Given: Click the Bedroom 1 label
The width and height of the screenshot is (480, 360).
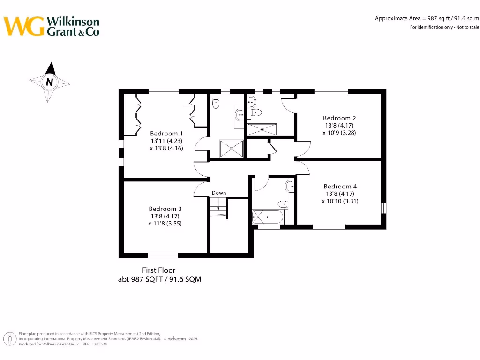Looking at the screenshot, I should [x=166, y=134].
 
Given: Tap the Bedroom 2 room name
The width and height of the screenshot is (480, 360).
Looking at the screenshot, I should [x=340, y=118].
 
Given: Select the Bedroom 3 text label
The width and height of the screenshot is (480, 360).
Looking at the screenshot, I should [x=165, y=209].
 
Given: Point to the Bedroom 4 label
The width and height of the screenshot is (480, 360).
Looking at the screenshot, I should [x=340, y=187].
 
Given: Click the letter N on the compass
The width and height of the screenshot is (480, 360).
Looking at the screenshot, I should [x=49, y=82].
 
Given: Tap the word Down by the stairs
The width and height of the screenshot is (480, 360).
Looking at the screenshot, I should [x=219, y=193].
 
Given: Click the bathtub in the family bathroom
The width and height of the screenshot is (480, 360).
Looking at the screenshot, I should [x=266, y=217].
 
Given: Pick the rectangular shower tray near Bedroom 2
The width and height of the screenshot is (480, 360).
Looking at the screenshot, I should [x=262, y=129].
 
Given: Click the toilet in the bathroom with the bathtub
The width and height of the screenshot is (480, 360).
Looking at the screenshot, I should [x=283, y=204].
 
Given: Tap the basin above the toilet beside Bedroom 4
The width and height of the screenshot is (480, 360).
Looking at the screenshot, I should [x=291, y=187].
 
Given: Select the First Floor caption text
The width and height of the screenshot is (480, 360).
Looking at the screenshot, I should [x=159, y=270].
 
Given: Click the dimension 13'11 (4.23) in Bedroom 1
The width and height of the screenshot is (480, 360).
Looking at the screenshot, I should [x=166, y=141].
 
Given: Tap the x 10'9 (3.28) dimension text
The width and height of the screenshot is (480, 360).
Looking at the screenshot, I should [x=340, y=133].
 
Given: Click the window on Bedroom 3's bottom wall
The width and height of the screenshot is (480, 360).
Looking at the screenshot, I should [x=163, y=255].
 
